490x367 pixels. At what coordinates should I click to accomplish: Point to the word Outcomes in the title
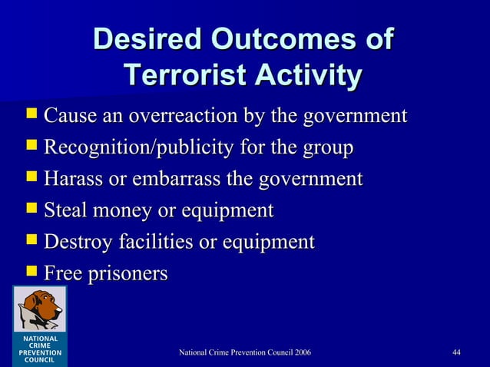click(285, 39)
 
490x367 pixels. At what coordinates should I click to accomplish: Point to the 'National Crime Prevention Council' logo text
click(36, 347)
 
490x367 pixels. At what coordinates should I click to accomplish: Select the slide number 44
click(456, 352)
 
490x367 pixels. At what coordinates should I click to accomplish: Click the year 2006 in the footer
click(300, 352)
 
